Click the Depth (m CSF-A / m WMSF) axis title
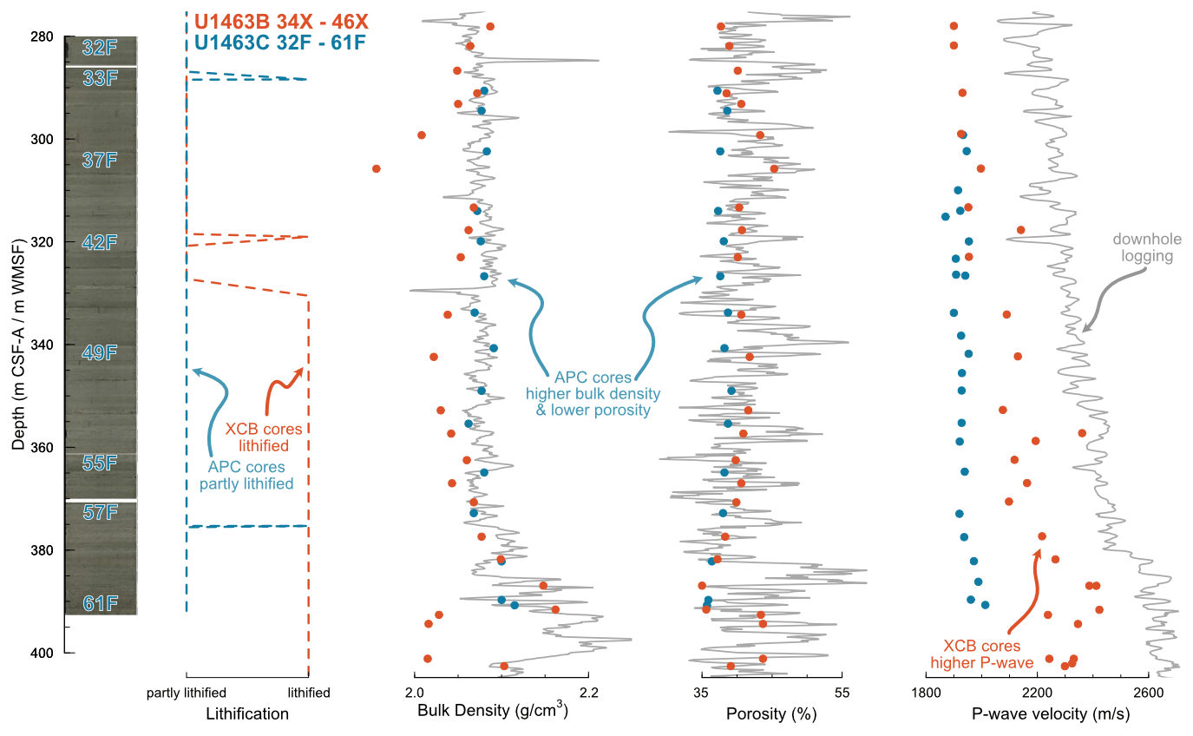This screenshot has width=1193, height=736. [x=19, y=345]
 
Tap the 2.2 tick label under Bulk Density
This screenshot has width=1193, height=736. [x=589, y=693]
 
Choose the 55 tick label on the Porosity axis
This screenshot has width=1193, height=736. [x=842, y=693]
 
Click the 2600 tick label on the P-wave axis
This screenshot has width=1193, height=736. [x=1148, y=693]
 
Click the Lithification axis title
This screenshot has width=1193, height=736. [x=247, y=714]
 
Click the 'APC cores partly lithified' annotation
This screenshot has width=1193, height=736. [x=246, y=476]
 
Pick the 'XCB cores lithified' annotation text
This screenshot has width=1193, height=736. [x=265, y=437]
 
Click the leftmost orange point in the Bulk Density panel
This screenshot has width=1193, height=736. [x=377, y=168]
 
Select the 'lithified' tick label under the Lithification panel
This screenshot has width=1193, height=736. [x=309, y=693]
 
